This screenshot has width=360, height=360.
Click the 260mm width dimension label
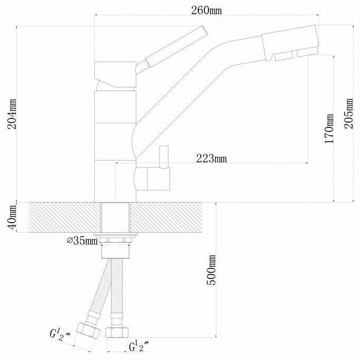point(207,11)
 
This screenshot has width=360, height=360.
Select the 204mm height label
point(12,114)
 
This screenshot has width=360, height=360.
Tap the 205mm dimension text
point(348,113)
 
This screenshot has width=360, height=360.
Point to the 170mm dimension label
point(329,128)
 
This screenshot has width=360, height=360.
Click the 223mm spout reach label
point(212,158)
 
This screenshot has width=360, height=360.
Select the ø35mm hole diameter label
point(82,241)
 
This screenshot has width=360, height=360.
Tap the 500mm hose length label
point(211,270)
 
